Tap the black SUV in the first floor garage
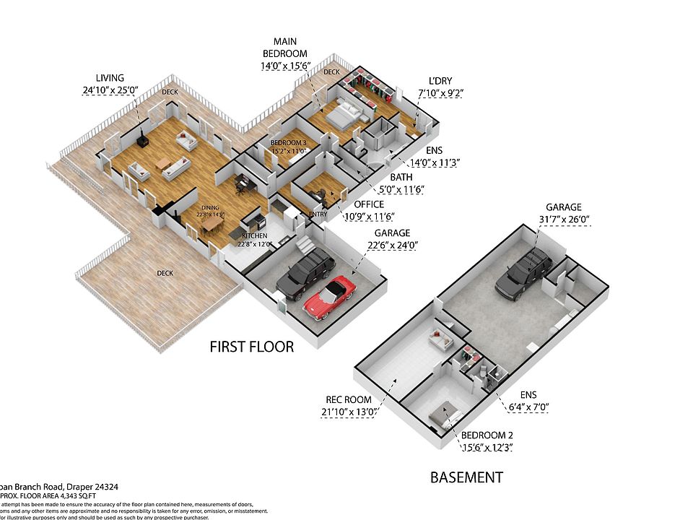coord(305,274)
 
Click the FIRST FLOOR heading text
coord(251,347)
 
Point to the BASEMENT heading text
coord(466,477)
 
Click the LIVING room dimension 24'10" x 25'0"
coord(110,91)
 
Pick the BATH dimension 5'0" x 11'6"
coord(401,190)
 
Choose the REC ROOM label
coord(349,399)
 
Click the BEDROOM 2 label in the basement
coord(488,435)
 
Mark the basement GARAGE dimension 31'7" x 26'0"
coord(563,220)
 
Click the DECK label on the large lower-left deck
coord(165,273)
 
